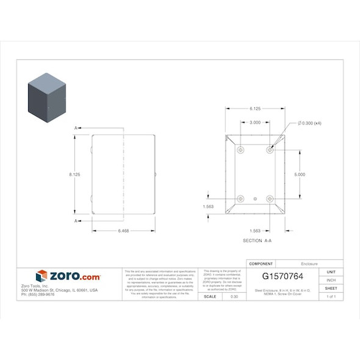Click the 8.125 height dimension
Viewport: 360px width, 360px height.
point(74,175)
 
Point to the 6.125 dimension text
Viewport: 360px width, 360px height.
point(255,109)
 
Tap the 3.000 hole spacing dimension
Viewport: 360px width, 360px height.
point(255,123)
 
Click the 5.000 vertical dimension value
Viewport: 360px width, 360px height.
point(300,175)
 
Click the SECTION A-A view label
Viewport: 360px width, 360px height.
point(257,241)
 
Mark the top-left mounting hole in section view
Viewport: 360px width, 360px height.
point(240,149)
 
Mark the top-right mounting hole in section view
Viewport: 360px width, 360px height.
point(270,149)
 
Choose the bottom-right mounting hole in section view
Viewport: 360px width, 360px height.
point(270,199)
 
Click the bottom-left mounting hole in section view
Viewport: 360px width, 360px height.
point(240,199)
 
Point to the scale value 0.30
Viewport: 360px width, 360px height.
point(234,297)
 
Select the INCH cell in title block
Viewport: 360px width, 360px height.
point(331,280)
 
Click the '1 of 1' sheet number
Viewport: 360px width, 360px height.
point(331,297)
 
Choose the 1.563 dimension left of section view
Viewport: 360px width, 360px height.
point(208,207)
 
